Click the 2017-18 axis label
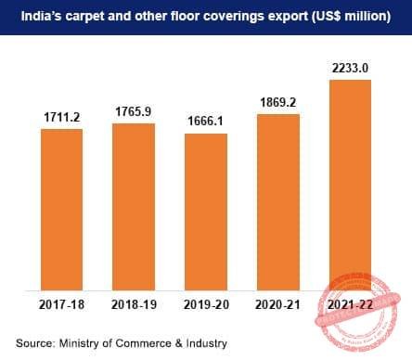(61, 303)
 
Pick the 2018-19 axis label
(134, 303)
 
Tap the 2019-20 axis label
(206, 303)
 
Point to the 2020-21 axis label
(278, 303)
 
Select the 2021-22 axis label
(351, 303)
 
